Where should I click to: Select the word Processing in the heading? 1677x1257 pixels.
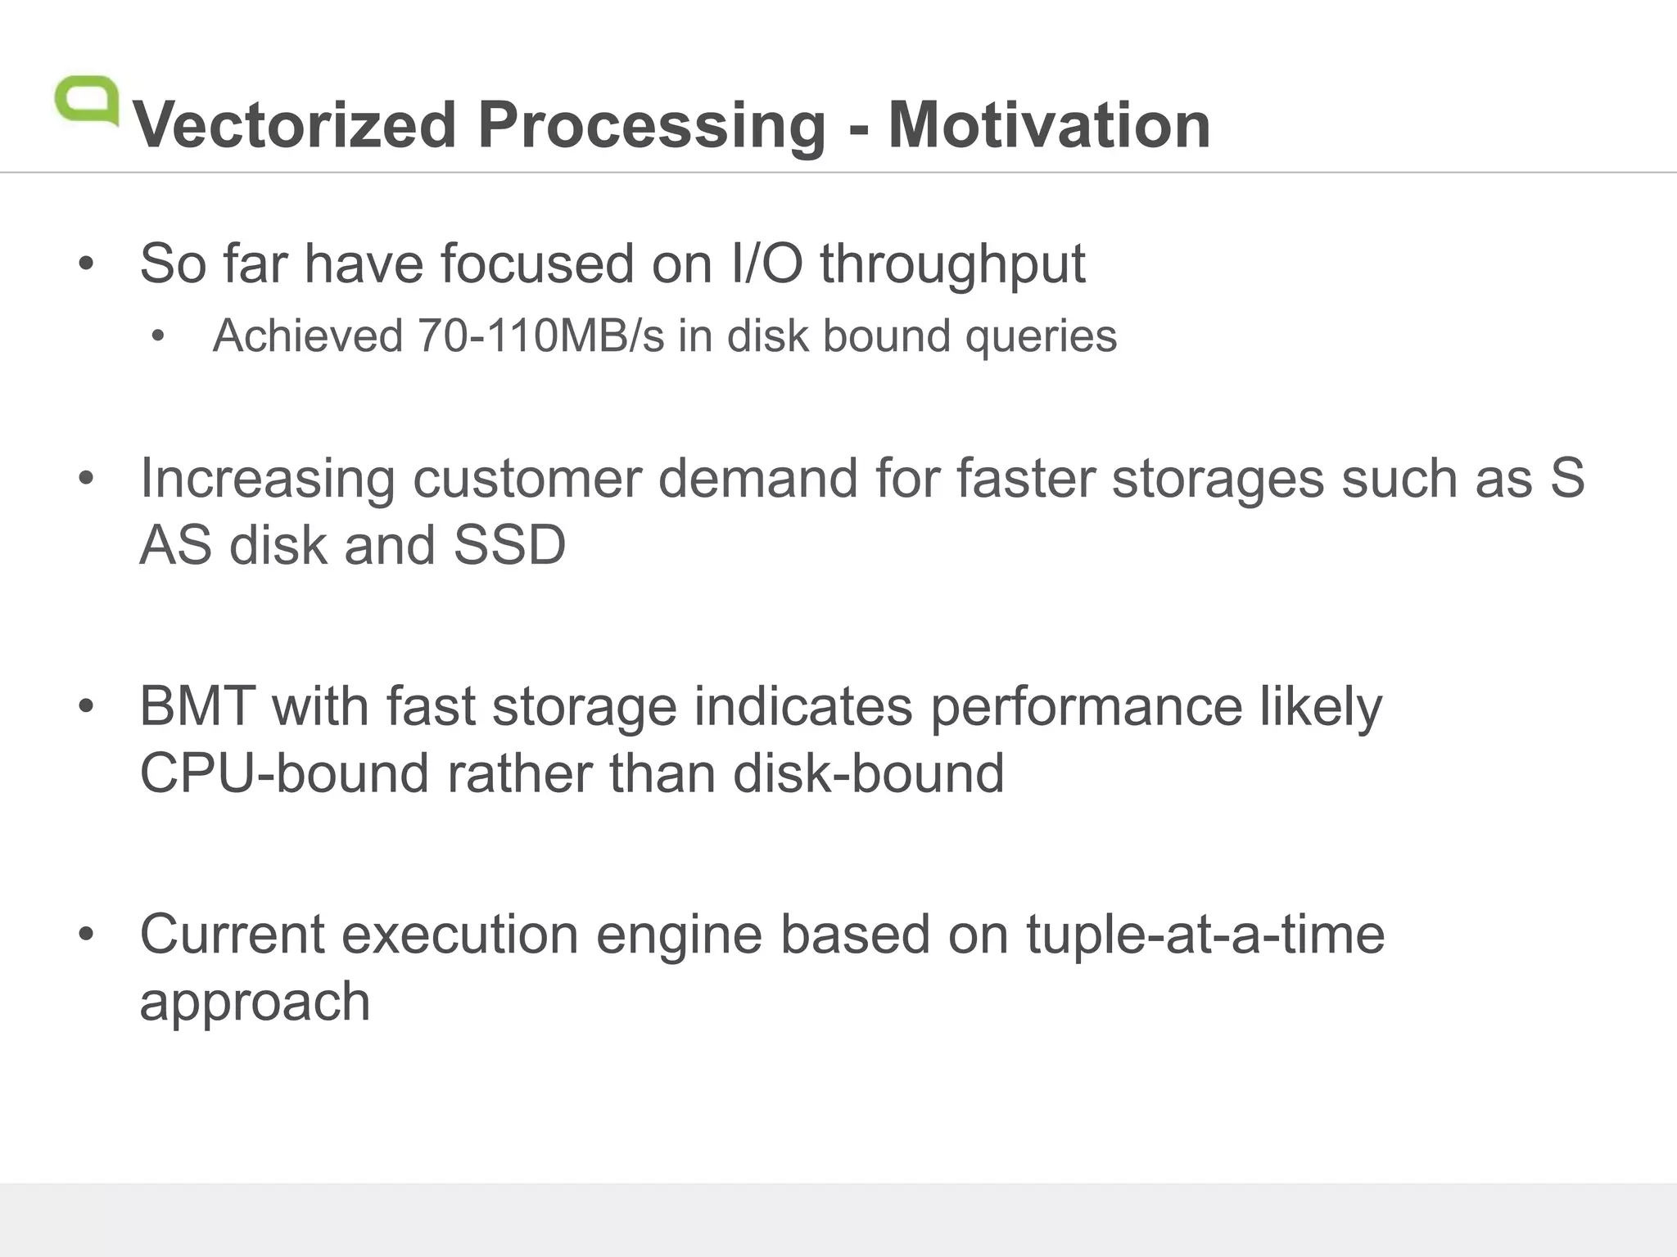click(652, 127)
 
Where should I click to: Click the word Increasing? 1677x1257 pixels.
click(268, 479)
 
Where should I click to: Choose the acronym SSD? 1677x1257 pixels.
click(509, 545)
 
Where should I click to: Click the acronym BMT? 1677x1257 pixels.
click(197, 705)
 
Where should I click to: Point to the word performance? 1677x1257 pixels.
click(1087, 707)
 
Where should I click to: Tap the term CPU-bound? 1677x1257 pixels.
click(284, 773)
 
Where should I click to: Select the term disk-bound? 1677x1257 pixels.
click(868, 773)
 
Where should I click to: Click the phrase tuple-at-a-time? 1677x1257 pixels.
click(1205, 934)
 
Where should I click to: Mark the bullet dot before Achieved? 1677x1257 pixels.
click(159, 336)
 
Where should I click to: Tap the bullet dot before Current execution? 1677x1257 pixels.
click(87, 934)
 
